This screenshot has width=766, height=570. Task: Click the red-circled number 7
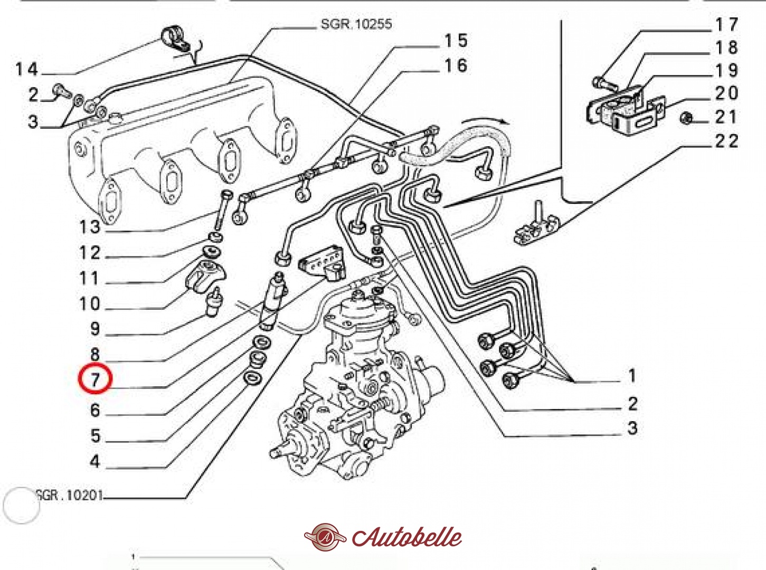coord(95,379)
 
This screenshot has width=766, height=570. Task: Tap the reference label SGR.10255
coord(356,24)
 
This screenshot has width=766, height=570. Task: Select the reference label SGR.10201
coord(69,496)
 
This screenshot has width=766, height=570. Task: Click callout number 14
coord(27,69)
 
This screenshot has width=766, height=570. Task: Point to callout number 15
coord(456,41)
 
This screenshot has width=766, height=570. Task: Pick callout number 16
coord(456,65)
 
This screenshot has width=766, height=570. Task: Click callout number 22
coord(726,141)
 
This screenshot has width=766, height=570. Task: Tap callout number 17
coord(726,24)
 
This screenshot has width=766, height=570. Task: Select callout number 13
coord(90,227)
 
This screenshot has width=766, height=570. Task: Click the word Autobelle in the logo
coord(407,537)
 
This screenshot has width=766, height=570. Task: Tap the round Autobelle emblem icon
coord(325,537)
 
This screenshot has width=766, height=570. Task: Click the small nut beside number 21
coord(687,118)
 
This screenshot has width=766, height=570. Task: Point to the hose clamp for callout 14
coord(175,38)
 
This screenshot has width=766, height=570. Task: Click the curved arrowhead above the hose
coord(504,122)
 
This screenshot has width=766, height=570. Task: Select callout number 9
coord(95,328)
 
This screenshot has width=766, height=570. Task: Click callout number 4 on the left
coord(95,462)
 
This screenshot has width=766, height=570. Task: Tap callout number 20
coord(726,93)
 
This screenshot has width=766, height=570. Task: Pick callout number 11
coord(89,278)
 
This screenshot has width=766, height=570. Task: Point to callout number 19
coord(726,70)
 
